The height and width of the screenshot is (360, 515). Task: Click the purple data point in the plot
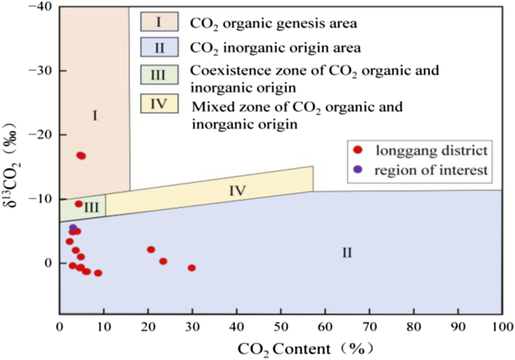point(73,228)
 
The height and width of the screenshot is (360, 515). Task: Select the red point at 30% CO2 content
point(192,268)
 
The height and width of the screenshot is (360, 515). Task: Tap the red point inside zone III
point(79,204)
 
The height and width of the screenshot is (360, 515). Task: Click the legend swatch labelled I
point(159,21)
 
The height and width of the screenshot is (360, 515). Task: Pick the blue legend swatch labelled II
point(159,48)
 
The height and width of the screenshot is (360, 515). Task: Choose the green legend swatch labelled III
point(159,75)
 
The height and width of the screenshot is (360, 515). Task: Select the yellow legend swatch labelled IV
point(159,104)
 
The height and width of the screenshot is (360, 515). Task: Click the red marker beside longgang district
point(357,150)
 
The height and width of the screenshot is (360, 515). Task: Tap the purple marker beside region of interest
point(357,170)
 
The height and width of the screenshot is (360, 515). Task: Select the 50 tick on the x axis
point(281,325)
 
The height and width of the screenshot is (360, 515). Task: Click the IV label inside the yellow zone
point(237,191)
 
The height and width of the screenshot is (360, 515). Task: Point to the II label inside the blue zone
point(347,253)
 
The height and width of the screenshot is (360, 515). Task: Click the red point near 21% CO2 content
point(151,250)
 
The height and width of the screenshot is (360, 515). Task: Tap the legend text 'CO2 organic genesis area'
point(273,23)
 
